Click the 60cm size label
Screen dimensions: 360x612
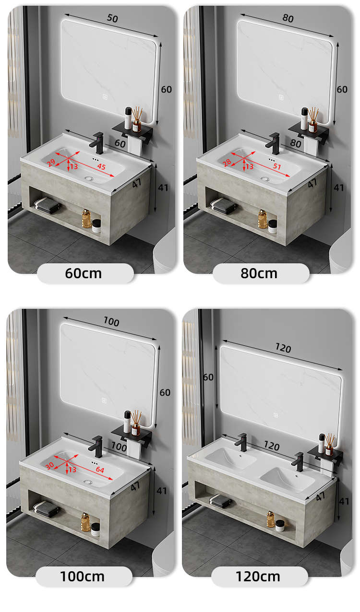(x=84, y=273)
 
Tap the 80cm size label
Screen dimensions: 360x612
(x=259, y=273)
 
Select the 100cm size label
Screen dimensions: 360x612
(x=82, y=577)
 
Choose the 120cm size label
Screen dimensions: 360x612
(x=258, y=577)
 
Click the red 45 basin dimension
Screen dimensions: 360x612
(x=101, y=166)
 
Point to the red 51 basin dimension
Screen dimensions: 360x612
(x=277, y=166)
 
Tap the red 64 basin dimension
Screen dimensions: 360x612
(x=100, y=470)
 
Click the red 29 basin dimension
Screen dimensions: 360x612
(x=51, y=163)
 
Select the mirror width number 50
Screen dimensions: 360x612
(x=112, y=18)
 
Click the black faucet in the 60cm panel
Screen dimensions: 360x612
(x=97, y=143)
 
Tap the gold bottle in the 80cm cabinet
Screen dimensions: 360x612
(x=263, y=219)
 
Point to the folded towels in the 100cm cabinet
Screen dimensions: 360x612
(x=46, y=508)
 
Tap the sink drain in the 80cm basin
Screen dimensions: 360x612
(x=265, y=179)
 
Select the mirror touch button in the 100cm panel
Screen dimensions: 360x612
(x=104, y=400)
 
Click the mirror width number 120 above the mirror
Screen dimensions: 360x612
(x=283, y=348)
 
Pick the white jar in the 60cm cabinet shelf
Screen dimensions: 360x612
(x=96, y=226)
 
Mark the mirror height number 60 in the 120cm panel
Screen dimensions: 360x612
(x=208, y=377)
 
